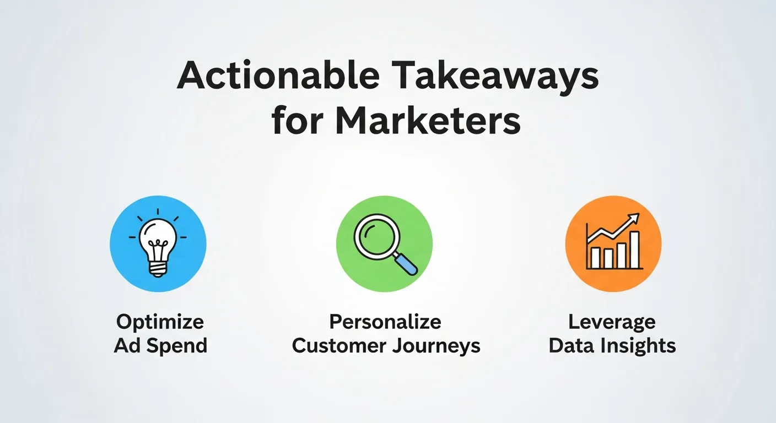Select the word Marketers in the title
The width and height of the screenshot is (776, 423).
click(428, 122)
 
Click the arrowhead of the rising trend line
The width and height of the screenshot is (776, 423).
click(635, 218)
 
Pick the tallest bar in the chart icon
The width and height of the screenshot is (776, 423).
click(634, 250)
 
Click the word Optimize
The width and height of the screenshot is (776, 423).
click(160, 322)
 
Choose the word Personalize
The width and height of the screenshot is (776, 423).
click(385, 322)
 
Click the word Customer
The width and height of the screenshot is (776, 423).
click(337, 346)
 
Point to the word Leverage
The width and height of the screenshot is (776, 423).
click(612, 322)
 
